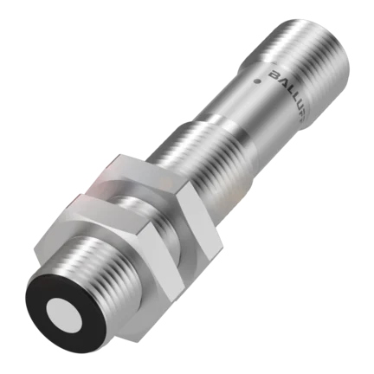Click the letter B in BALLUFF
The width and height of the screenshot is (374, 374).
click(x=274, y=75)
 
